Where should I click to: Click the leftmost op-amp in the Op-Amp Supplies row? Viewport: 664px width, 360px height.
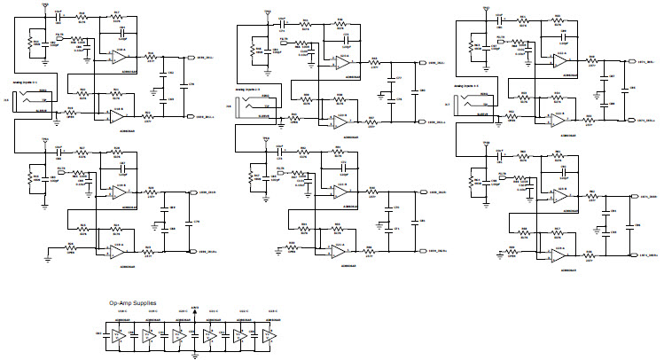coord(117,337)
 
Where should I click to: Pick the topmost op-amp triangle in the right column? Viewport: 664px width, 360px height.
coord(560,60)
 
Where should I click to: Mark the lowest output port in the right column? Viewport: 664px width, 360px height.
coord(635,257)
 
